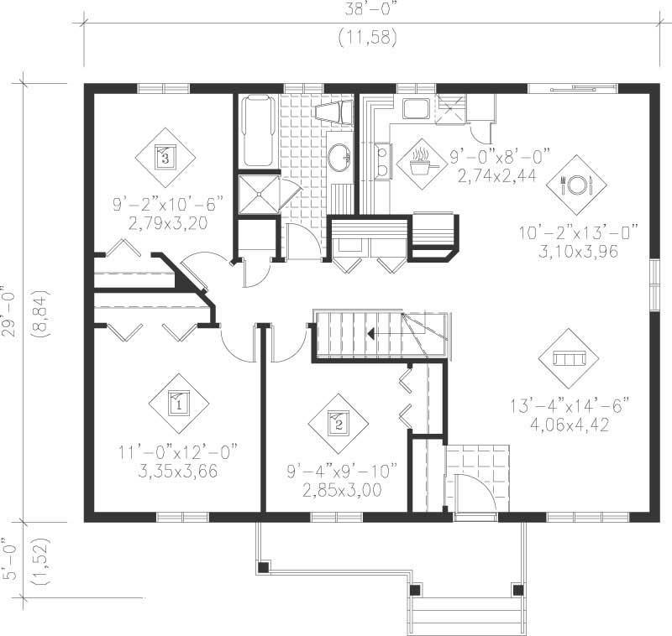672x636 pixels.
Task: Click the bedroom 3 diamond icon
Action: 164,157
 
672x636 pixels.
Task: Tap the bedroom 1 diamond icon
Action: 179,403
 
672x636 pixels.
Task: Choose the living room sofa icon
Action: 569,358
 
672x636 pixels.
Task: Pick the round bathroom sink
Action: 339,157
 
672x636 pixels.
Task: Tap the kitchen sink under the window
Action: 415,108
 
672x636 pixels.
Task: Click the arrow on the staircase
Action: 369,333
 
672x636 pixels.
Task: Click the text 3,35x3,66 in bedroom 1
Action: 177,471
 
